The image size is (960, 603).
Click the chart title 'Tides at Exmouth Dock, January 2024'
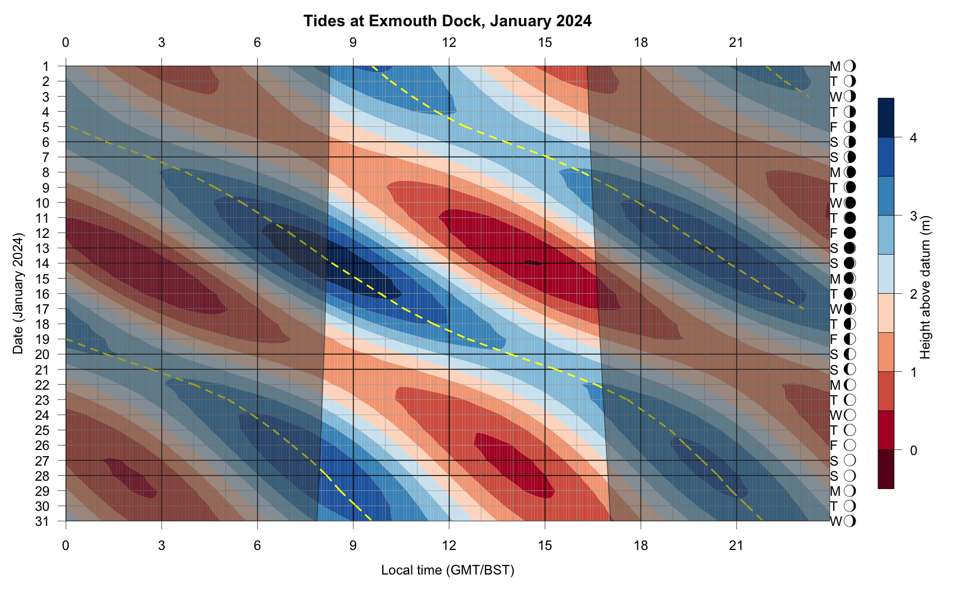[447, 21]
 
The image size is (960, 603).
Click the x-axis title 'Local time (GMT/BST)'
[448, 570]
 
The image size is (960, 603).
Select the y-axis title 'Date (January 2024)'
[18, 294]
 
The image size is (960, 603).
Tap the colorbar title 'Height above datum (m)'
[925, 287]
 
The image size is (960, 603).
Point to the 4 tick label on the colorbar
[913, 138]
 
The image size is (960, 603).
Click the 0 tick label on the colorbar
[913, 450]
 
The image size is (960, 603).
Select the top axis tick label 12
[449, 42]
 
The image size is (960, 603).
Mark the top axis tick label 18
[641, 42]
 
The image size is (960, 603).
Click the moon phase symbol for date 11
[850, 218]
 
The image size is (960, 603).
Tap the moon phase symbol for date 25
[850, 430]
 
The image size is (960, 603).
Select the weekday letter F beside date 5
[834, 127]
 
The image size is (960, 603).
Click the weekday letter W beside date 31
[836, 521]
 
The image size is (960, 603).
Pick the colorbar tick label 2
[913, 294]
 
